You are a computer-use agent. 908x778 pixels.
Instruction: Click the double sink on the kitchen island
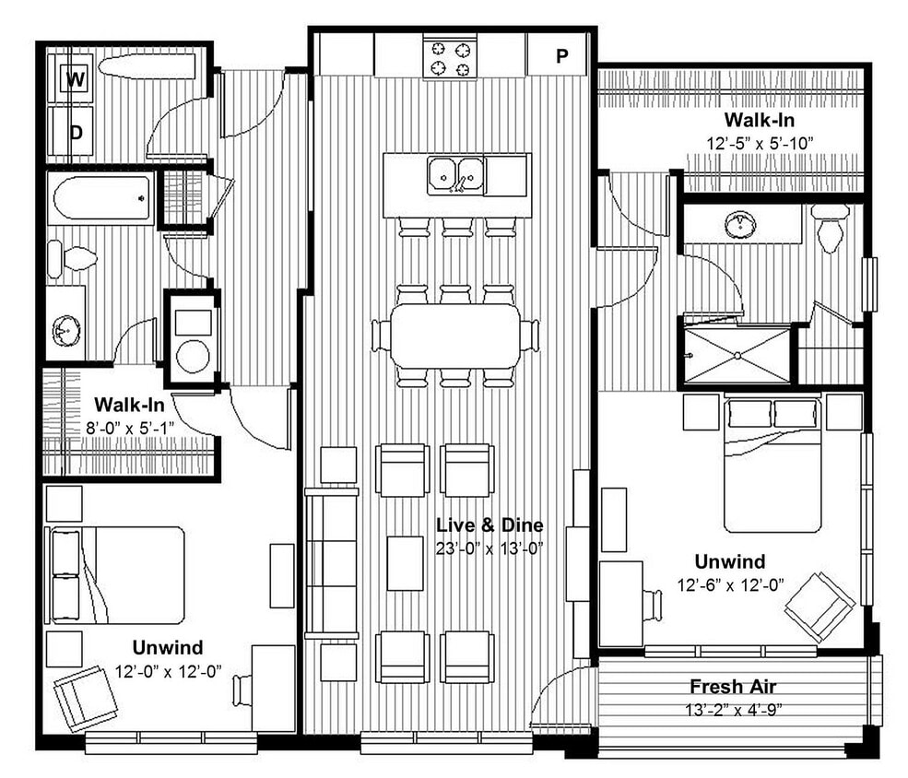pyautogui.click(x=456, y=174)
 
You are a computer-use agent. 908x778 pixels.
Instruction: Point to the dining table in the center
pyautogui.click(x=455, y=336)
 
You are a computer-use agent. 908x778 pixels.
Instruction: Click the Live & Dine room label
pyautogui.click(x=489, y=525)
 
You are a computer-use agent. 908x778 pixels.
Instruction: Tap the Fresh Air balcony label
pyautogui.click(x=733, y=687)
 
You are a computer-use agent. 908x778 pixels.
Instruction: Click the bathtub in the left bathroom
pyautogui.click(x=101, y=197)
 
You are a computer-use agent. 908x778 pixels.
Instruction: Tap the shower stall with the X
pyautogui.click(x=736, y=354)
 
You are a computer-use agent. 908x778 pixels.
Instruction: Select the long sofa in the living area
pyautogui.click(x=332, y=564)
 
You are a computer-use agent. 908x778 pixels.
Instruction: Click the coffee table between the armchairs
pyautogui.click(x=405, y=562)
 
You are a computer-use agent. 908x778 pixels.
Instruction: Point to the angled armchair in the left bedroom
pyautogui.click(x=85, y=697)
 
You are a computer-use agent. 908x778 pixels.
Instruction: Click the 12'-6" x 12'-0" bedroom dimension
pyautogui.click(x=729, y=583)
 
